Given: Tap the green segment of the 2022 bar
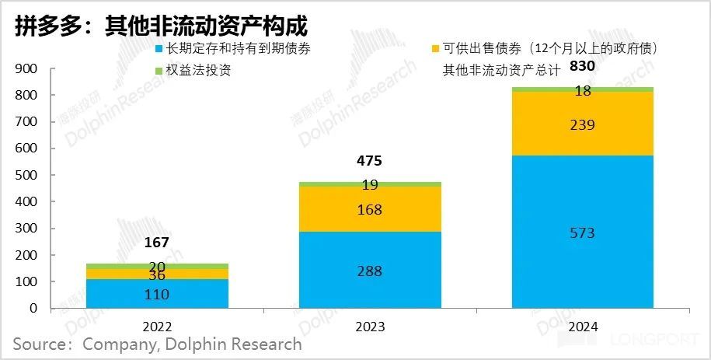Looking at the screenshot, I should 157,266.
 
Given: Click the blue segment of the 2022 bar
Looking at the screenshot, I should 157,294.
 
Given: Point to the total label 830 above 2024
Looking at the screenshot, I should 582,66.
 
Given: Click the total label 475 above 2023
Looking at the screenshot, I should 370,161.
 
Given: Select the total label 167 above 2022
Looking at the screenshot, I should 157,243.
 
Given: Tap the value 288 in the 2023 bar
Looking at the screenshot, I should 370,272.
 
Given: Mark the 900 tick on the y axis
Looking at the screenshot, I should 27,68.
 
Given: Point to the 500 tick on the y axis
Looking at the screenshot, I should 27,175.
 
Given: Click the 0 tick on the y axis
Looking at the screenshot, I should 33,308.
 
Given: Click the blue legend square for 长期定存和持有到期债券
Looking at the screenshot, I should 159,49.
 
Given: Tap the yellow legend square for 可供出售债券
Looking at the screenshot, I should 435,49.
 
